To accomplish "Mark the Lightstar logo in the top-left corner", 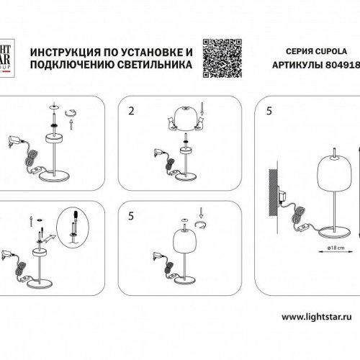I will click(x=5, y=56).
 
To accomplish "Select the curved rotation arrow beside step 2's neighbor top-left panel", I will click(x=71, y=113).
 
